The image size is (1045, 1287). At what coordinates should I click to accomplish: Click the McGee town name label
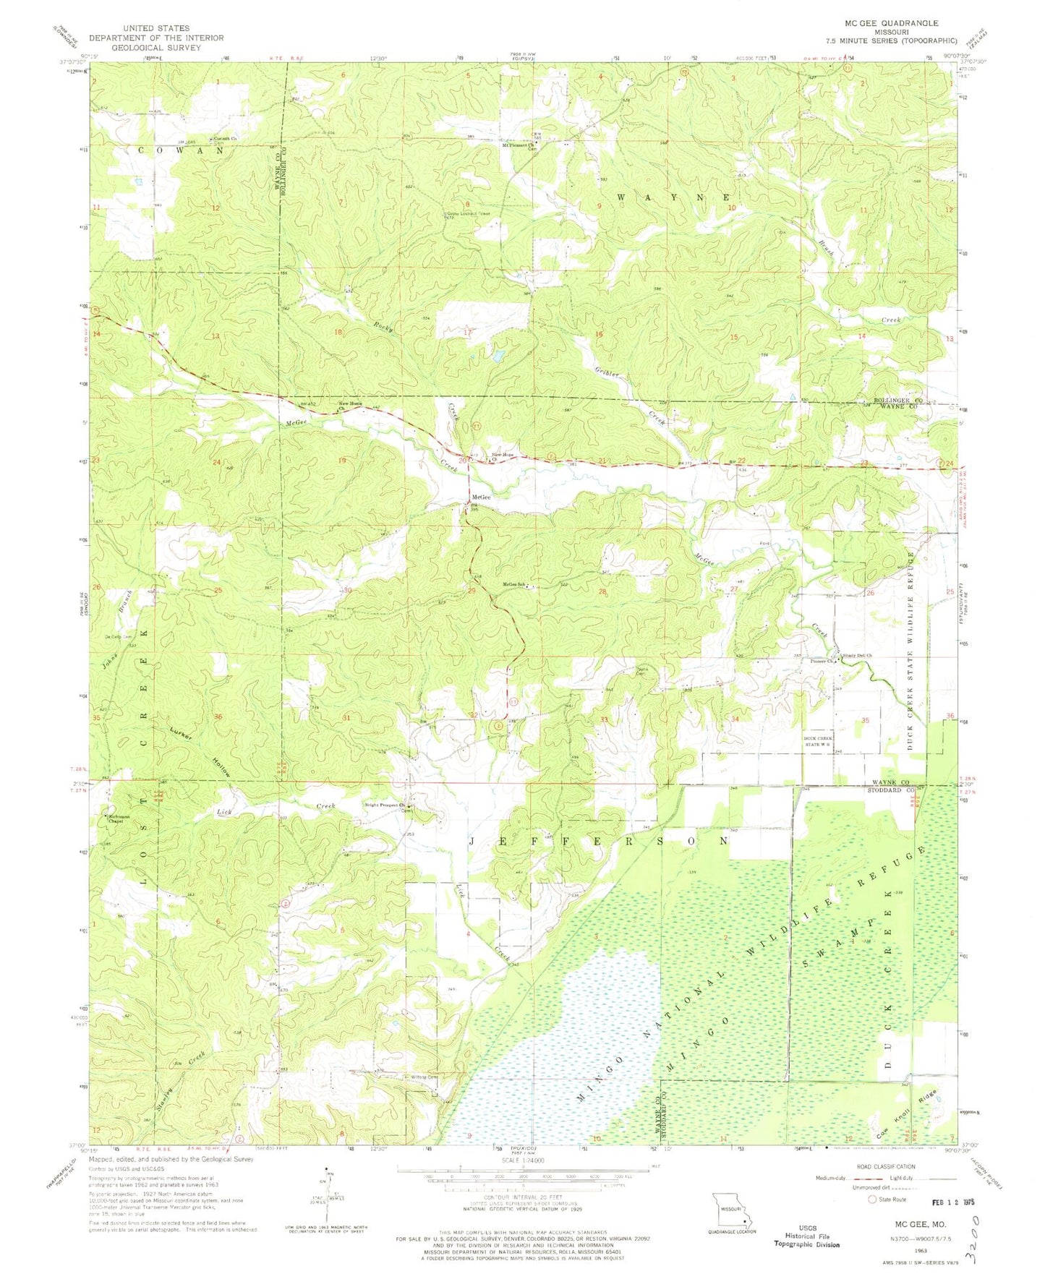tap(482, 497)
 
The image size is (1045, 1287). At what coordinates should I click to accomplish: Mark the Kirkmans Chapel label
tap(114, 819)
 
